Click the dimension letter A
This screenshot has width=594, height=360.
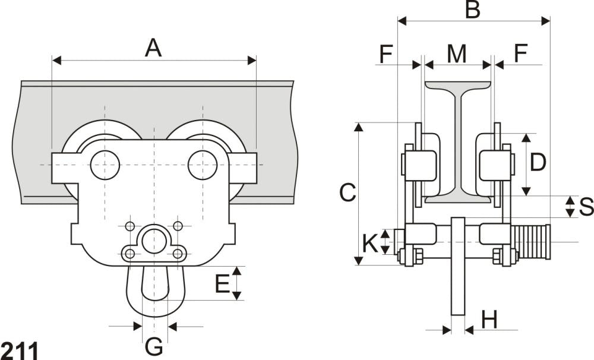(x=153, y=48)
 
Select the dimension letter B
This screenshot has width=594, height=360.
(x=472, y=10)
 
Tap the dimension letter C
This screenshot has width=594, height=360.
(x=347, y=192)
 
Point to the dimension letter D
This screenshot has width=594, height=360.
(x=538, y=162)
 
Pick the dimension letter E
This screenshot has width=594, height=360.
(x=222, y=284)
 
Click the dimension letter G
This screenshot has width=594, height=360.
(x=154, y=346)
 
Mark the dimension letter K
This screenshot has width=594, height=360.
(x=370, y=242)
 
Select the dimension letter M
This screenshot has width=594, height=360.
(x=456, y=54)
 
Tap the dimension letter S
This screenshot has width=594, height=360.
(x=585, y=207)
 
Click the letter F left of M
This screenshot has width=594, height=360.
(x=386, y=54)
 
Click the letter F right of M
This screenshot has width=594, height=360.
(x=520, y=54)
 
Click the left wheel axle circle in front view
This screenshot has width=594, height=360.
(x=105, y=165)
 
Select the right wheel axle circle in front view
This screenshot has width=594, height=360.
(x=203, y=165)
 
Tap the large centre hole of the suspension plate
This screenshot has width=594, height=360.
(x=154, y=241)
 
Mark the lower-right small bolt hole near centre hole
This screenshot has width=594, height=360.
(x=178, y=254)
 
